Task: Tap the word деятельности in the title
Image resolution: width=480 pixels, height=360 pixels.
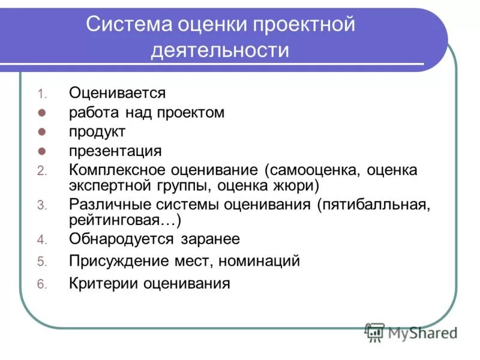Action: coord(220,50)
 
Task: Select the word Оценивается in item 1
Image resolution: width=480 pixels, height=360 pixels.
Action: coord(117,93)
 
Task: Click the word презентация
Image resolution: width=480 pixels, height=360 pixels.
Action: coord(115,151)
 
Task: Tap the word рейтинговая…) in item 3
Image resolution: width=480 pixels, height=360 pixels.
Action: coord(125,220)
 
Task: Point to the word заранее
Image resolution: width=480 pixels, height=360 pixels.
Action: coord(210,239)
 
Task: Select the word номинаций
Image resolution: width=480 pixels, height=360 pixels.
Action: coord(259,261)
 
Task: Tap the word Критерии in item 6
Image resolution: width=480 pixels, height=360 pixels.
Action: coord(102,283)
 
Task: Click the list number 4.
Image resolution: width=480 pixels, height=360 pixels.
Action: coord(41,240)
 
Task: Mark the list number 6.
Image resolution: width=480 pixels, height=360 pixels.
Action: coord(41,284)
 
